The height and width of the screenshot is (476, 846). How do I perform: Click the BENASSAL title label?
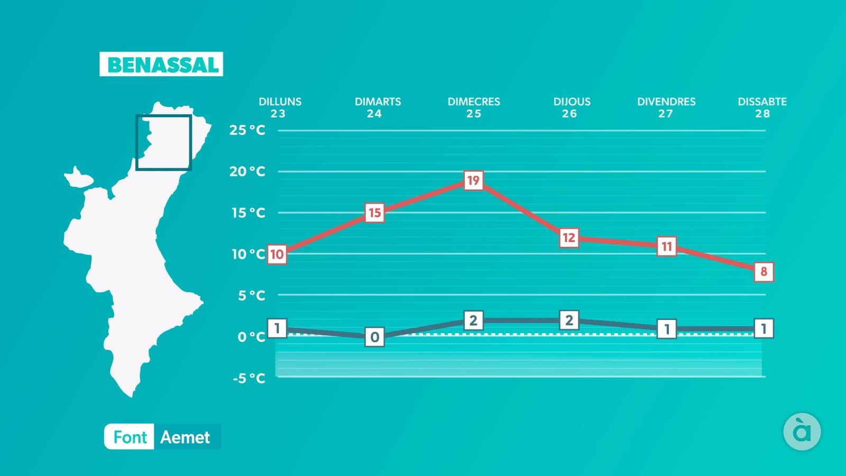(161, 65)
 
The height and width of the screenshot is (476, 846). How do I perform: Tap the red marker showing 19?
(473, 181)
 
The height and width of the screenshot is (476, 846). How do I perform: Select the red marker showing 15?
(374, 213)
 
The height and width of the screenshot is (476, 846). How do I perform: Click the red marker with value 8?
(764, 272)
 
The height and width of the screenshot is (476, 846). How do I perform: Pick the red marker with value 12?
(569, 238)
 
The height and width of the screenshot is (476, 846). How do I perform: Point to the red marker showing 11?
(667, 246)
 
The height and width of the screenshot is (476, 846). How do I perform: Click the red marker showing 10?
(277, 254)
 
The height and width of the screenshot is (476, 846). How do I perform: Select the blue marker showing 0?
(374, 337)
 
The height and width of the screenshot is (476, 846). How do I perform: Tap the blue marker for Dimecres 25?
(473, 321)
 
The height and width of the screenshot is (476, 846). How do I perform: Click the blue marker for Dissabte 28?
(764, 328)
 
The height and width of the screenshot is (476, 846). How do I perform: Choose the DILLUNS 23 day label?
(280, 107)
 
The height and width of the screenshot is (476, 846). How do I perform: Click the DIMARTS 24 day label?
(378, 107)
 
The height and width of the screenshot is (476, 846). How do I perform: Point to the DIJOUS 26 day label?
(572, 107)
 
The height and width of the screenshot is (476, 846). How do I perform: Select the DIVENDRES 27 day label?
(666, 107)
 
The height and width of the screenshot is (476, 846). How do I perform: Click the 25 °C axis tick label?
(247, 130)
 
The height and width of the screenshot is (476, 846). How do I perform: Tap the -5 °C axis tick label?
(249, 378)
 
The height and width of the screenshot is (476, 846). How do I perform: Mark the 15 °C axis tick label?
(248, 213)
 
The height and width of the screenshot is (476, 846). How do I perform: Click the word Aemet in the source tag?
(185, 437)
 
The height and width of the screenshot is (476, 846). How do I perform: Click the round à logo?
(802, 432)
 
